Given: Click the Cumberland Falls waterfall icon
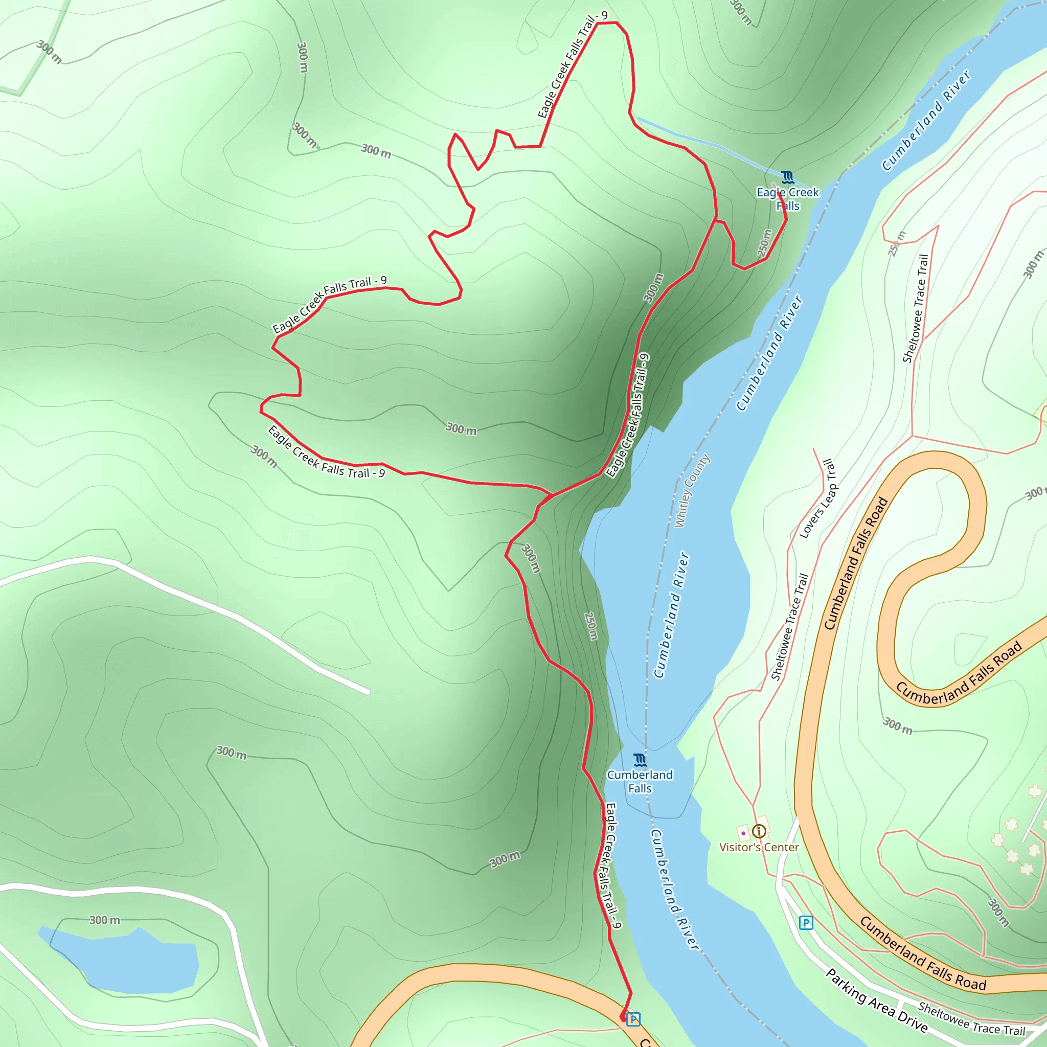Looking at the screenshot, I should tap(640, 760).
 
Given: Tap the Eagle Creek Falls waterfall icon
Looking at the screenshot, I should tap(787, 177).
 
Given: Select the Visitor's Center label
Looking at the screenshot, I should tap(759, 848).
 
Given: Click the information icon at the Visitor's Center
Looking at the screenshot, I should tap(759, 831).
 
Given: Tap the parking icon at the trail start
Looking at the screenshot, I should tap(633, 1019).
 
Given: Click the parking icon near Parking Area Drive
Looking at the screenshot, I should tap(806, 922).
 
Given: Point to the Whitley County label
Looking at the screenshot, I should tap(692, 491).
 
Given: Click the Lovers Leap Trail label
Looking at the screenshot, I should tap(818, 499).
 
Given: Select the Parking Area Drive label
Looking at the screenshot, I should tap(876, 1001).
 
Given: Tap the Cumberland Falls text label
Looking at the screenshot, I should tap(640, 782).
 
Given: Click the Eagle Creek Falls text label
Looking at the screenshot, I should tap(787, 199).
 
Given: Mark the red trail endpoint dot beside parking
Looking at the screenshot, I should tap(623, 1018).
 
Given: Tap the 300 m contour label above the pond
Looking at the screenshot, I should tap(105, 920).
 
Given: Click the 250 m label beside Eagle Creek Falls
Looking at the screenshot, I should tap(764, 243).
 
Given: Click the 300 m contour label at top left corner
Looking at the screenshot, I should tap(49, 52).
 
